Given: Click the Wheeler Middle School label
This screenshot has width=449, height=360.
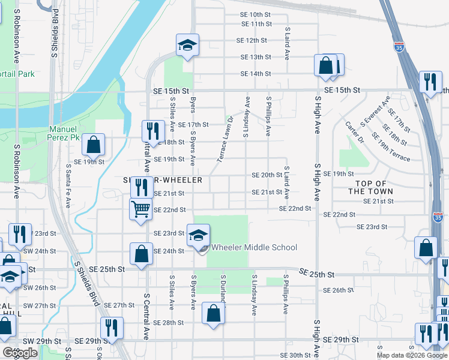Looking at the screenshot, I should [254, 247].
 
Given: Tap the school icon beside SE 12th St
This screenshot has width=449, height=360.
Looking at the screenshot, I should [187, 45].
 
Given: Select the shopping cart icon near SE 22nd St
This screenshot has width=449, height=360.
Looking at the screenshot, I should [140, 209].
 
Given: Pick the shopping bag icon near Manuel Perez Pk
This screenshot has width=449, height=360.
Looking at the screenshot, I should [94, 145].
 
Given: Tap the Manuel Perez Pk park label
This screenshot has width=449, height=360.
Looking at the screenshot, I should [63, 133].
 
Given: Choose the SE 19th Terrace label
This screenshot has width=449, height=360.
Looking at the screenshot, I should [391, 152].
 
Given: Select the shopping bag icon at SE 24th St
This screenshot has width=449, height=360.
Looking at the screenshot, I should [141, 253].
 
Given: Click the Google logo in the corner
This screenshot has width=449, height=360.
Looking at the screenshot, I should [20, 353].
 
